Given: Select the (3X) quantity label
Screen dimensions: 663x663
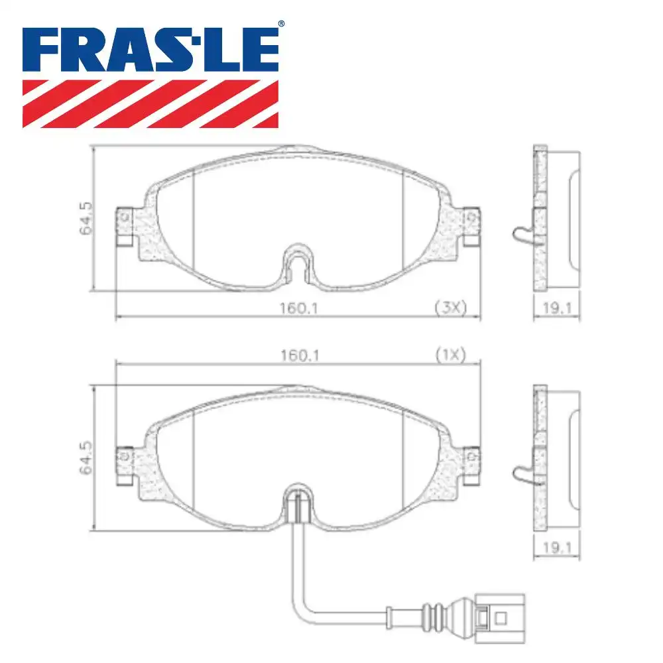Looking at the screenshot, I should coord(451,307).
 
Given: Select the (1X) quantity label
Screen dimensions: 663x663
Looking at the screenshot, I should coord(451,355).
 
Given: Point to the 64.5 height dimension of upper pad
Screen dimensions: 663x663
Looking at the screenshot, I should coord(84,218).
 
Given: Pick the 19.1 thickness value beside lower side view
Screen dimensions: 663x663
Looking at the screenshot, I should coord(557,547).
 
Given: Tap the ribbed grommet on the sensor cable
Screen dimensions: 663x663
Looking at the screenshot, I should coord(434,610).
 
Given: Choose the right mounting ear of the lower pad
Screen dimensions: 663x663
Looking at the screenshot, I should coord(470,465).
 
